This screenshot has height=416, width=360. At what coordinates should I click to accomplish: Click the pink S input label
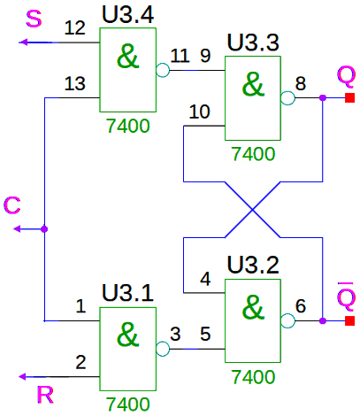point(34,19)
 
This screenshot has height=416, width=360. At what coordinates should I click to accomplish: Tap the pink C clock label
point(12,205)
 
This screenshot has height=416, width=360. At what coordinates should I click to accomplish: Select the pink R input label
point(45,395)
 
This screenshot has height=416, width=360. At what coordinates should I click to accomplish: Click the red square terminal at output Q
point(349,97)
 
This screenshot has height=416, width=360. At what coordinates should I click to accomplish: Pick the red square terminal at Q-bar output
point(349,320)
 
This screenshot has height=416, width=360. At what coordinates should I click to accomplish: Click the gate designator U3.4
point(127,15)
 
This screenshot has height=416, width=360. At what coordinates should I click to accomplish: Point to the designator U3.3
point(253,42)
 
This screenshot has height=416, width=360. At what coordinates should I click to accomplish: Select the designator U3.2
point(253,265)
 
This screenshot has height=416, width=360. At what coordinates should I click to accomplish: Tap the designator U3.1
point(127,293)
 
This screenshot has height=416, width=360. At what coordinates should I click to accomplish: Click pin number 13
point(75,83)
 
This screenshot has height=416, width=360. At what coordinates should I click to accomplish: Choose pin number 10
point(200,112)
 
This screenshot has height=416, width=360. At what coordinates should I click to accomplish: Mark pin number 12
point(75,28)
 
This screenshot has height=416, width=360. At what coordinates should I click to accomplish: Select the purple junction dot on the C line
point(44,229)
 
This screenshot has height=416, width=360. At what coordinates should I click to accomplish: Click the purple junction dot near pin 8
point(323,97)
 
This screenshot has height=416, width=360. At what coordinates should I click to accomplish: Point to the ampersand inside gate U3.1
point(127,335)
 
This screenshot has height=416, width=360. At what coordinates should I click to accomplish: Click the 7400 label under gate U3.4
point(127,126)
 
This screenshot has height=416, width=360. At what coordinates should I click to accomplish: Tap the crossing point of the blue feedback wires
point(253,210)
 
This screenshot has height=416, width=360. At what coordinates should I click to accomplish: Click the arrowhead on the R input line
point(22,377)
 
